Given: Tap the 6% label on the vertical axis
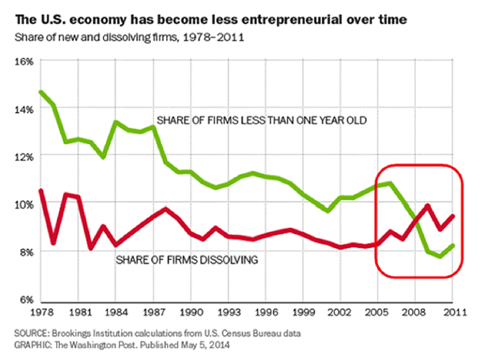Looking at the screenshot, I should pos(26,299).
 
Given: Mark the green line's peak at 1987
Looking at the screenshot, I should pos(155,126).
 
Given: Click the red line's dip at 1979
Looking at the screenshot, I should pos(53,243).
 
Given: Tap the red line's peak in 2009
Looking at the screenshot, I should pos(427,205).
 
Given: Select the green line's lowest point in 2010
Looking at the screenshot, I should pos(439,256).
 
